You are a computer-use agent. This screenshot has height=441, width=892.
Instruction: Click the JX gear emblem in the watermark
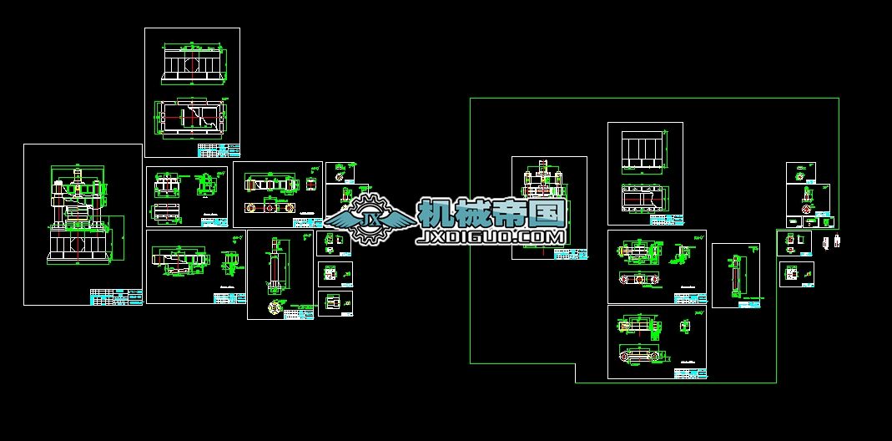[368, 219]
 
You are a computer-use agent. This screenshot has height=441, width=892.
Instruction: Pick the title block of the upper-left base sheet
[219, 150]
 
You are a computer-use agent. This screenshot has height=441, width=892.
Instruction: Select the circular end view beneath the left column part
[273, 307]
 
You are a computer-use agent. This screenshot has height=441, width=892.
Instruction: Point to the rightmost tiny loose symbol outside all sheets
[838, 242]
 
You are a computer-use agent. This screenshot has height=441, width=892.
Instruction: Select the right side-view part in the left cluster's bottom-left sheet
[228, 262]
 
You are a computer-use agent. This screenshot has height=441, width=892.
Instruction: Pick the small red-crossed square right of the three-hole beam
[312, 183]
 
